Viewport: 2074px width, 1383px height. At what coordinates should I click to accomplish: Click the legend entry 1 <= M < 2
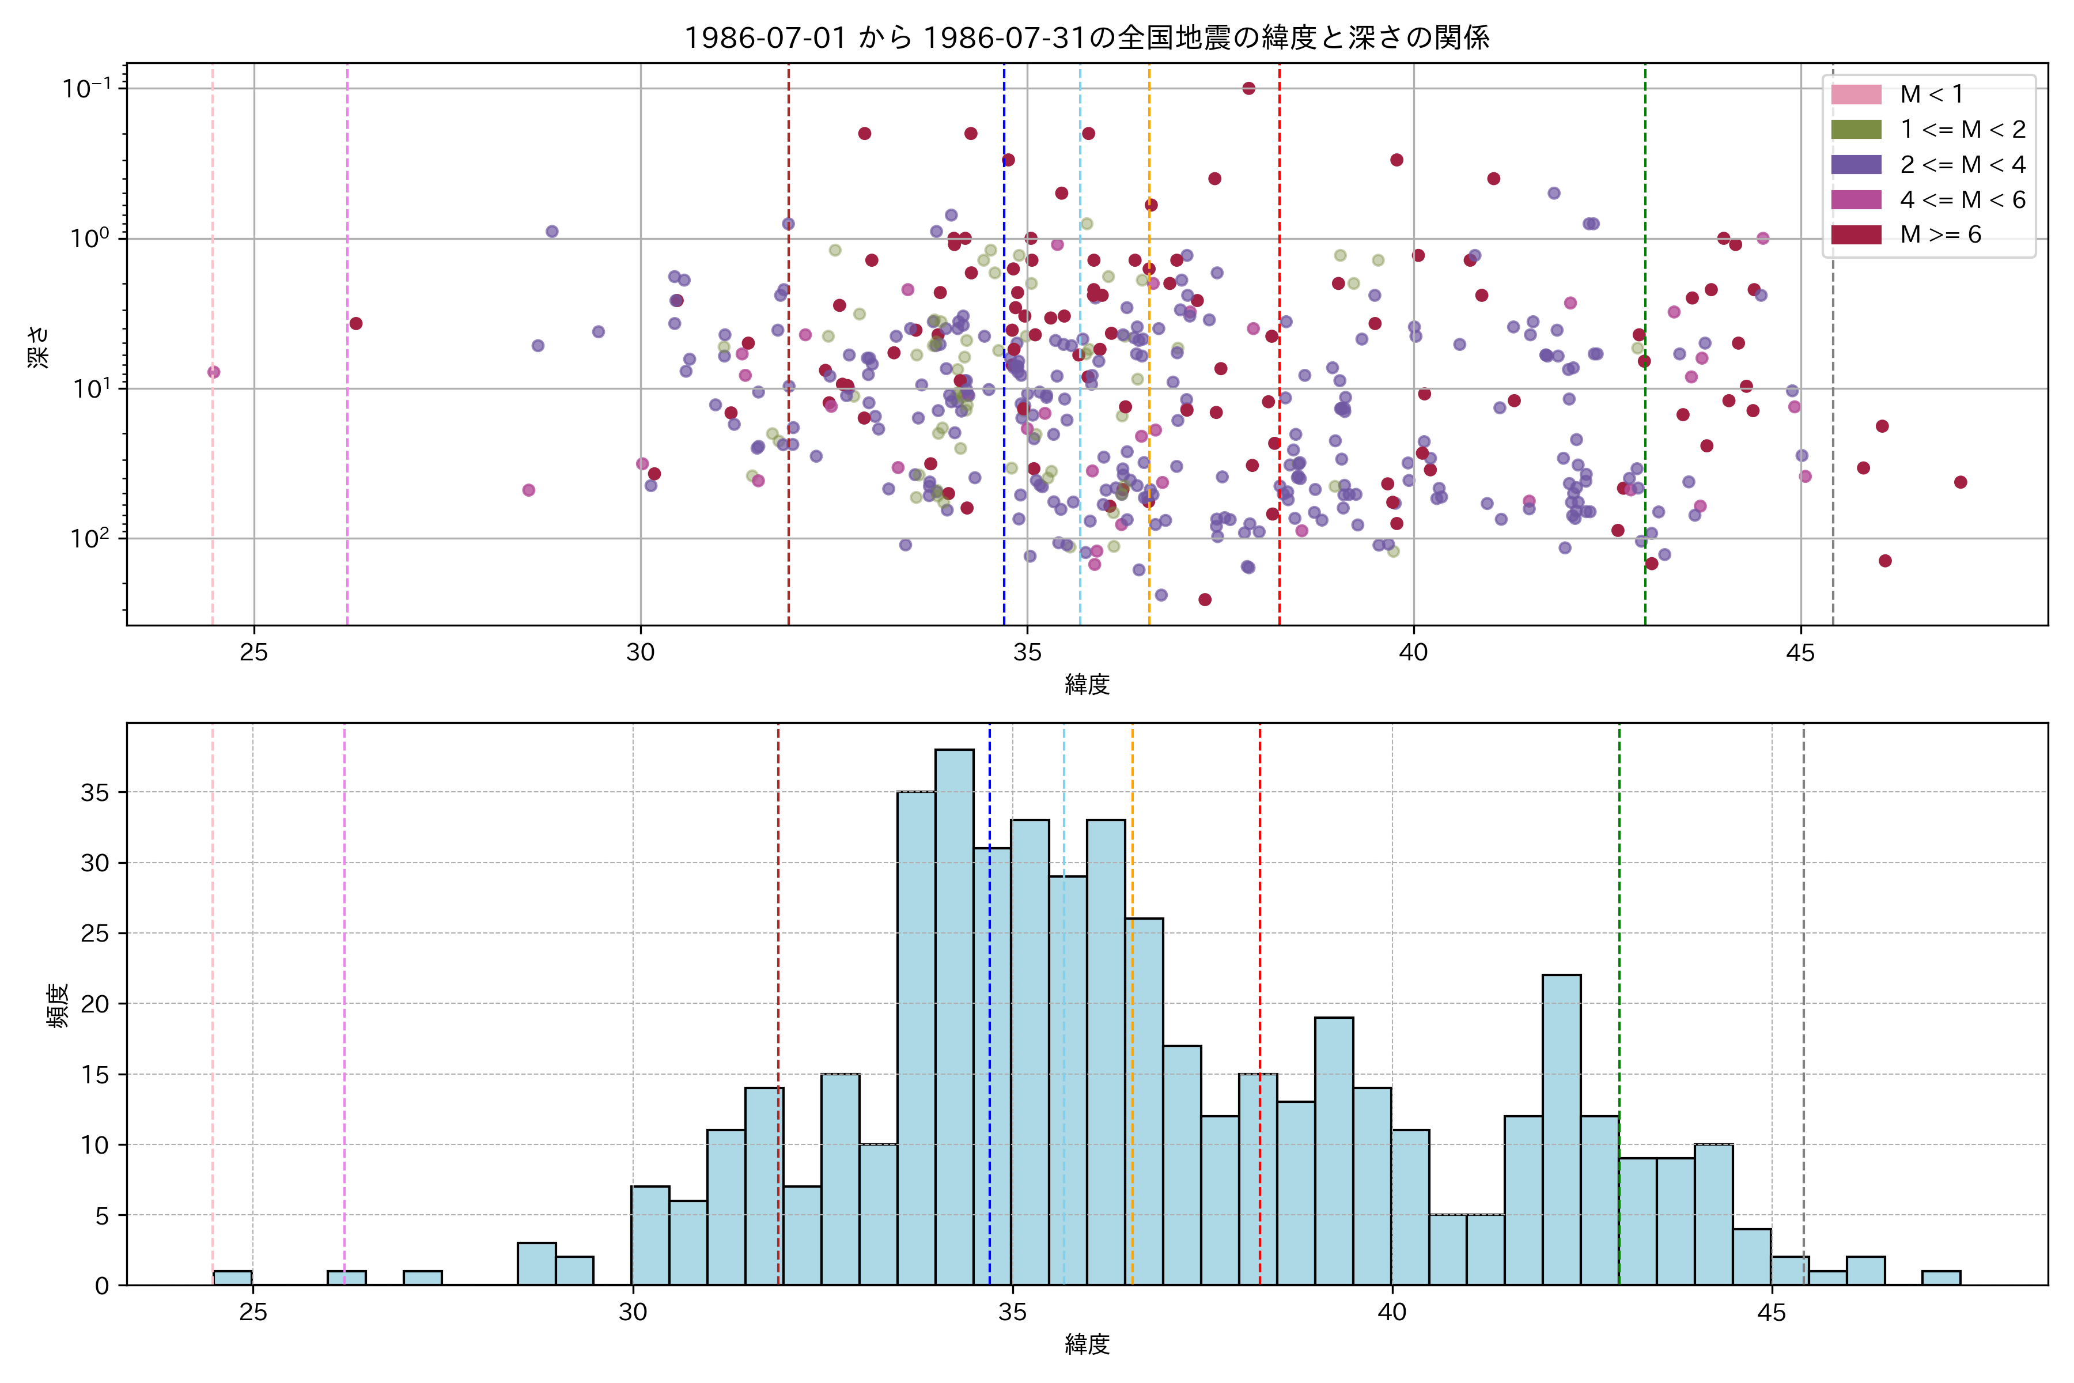click(x=1962, y=130)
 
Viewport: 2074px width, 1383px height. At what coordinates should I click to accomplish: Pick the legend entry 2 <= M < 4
click(x=1962, y=165)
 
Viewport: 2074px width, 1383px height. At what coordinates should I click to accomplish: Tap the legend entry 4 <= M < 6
click(x=1962, y=199)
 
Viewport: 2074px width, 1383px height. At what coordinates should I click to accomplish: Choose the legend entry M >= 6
click(x=1940, y=235)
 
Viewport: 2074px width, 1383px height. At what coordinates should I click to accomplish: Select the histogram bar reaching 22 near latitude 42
click(x=1561, y=1129)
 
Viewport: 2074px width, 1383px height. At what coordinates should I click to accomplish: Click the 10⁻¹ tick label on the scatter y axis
click(x=86, y=88)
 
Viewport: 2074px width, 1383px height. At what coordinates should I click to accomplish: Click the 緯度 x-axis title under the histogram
click(x=1087, y=1344)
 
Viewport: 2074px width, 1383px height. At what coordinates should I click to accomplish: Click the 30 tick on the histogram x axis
click(x=632, y=1313)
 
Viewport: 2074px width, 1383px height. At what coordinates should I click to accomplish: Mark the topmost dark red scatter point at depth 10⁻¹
click(x=1248, y=88)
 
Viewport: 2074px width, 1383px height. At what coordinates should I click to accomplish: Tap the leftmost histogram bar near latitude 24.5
click(x=232, y=1278)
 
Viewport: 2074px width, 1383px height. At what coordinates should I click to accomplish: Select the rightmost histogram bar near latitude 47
click(x=1941, y=1278)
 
